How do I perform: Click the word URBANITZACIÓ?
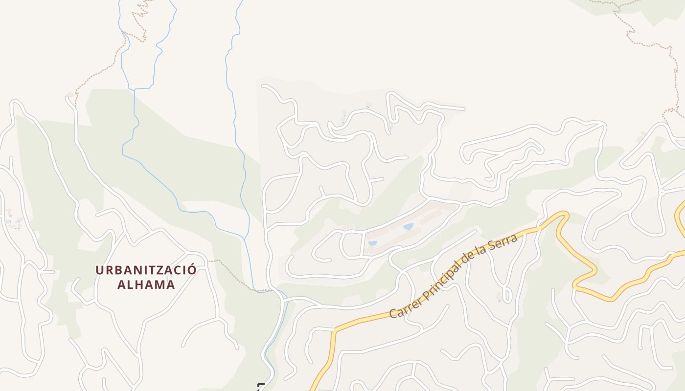point(146,270)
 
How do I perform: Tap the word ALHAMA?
point(146,284)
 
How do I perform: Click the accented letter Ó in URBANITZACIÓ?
point(192,270)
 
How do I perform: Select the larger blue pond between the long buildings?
point(408,226)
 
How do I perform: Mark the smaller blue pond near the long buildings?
point(372,243)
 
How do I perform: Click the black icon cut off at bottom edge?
point(261,387)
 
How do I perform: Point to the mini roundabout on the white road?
point(661,192)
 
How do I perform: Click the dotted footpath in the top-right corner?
point(646,44)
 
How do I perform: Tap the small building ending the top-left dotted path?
point(70,94)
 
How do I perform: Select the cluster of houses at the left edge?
point(14,221)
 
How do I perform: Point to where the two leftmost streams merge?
point(134,89)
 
